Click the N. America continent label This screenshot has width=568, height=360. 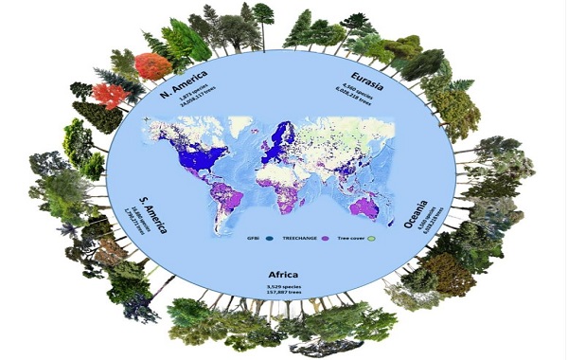tap(183, 78)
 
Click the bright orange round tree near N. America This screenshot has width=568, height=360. tap(149, 66)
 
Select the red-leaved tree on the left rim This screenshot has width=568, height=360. tap(108, 97)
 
